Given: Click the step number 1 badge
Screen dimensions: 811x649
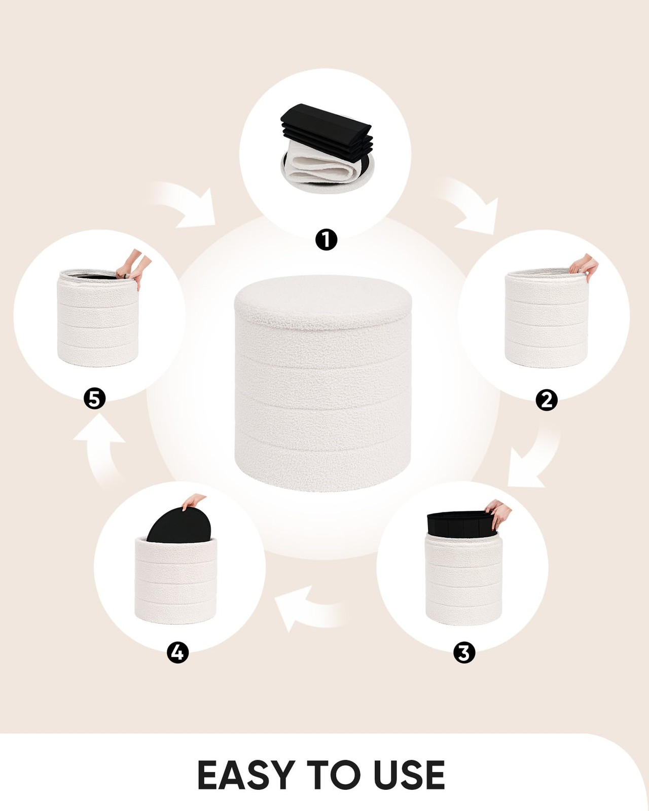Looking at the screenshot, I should tap(326, 240).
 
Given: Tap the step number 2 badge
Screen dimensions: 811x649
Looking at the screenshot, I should tap(546, 400).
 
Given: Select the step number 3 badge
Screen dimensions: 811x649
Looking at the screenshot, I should tap(464, 652).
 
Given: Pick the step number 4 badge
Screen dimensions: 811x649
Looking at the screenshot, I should tap(177, 652).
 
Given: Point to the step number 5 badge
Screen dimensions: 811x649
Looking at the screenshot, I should tap(94, 399).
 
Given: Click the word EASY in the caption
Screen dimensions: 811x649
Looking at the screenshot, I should tap(246, 775).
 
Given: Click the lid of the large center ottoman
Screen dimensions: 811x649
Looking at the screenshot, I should tap(323, 299).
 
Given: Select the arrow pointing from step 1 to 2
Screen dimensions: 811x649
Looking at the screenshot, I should tap(472, 205).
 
